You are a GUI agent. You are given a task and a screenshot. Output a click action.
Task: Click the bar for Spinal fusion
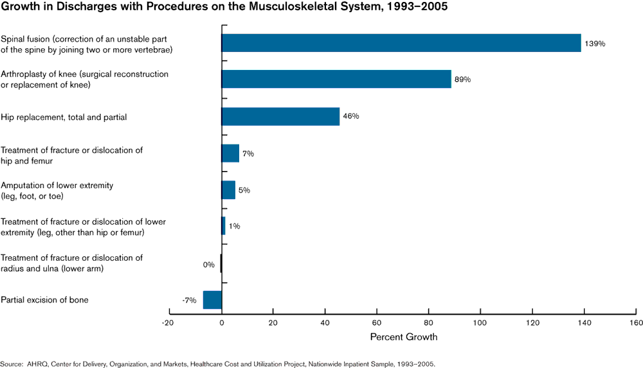tap(401, 43)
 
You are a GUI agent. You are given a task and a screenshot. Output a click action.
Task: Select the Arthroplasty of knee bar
tap(336, 79)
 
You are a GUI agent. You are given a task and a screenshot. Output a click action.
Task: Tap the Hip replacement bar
tap(280, 116)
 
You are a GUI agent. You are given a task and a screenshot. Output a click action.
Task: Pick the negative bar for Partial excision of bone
tap(212, 300)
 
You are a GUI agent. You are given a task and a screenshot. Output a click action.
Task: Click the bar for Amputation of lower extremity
tap(228, 190)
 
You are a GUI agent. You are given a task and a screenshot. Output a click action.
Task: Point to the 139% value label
tap(595, 44)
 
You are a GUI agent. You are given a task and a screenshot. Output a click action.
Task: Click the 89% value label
tap(462, 80)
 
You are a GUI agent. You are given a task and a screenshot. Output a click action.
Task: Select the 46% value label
tap(350, 116)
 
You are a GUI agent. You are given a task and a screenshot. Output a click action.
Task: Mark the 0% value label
tap(208, 264)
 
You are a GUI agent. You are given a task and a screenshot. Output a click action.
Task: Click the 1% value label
tap(234, 227)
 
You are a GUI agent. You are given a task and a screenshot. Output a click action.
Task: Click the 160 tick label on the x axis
tap(635, 322)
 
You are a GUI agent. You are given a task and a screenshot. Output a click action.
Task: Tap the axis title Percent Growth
tap(404, 337)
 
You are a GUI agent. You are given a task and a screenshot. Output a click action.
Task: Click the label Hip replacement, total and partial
tap(64, 117)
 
